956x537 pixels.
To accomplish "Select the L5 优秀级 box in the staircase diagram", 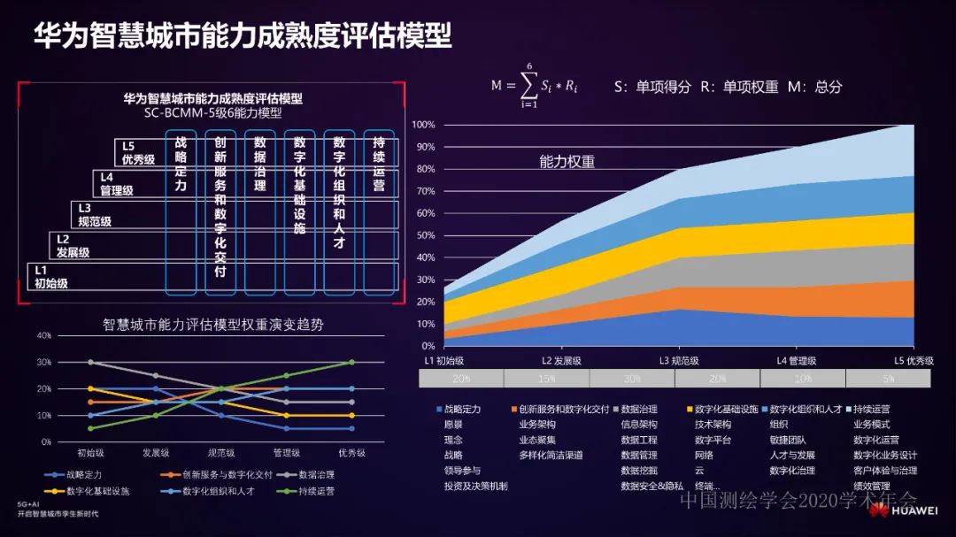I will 138,152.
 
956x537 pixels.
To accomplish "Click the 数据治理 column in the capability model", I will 259,212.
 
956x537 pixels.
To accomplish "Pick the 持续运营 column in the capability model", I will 379,212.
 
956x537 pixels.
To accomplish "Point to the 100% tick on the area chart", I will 423,125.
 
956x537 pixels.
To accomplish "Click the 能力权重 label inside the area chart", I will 567,162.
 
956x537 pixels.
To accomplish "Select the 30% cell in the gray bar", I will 632,378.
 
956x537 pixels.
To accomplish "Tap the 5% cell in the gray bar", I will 888,378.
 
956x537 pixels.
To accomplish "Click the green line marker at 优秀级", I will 351,362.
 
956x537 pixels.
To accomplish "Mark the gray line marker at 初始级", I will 90,362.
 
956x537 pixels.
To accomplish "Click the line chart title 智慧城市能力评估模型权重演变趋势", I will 212,325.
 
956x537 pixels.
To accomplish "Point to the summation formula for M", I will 536,86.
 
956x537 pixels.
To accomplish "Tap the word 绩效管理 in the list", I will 871,486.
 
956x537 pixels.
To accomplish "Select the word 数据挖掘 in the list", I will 639,471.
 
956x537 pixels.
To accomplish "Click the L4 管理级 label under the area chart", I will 796,361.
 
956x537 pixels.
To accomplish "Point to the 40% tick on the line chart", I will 43,335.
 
